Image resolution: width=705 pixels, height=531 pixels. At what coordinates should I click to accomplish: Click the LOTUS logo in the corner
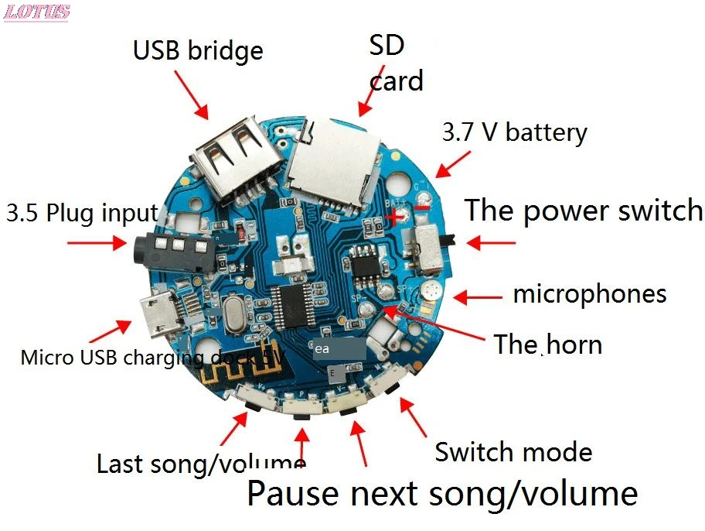[36, 12]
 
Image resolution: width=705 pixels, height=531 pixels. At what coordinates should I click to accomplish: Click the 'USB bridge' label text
[198, 50]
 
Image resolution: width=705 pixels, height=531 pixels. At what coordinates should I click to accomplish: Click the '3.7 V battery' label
[514, 132]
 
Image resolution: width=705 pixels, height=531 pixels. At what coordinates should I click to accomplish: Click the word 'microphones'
[589, 294]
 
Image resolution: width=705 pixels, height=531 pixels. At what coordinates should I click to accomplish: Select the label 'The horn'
[548, 344]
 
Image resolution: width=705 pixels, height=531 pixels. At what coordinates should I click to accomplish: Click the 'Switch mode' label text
[513, 452]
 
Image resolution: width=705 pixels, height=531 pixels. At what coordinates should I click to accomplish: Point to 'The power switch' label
[584, 211]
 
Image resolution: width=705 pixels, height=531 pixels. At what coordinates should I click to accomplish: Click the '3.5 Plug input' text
[82, 213]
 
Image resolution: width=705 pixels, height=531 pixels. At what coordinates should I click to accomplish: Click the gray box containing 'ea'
[338, 349]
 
